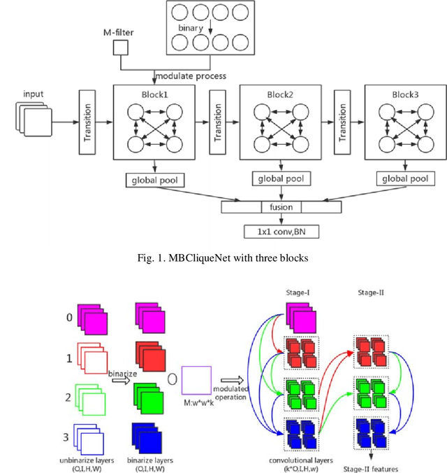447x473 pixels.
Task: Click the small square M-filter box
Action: pyautogui.click(x=121, y=48)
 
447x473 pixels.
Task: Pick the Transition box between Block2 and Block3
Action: pyautogui.click(x=342, y=123)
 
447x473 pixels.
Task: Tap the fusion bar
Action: pyautogui.click(x=281, y=207)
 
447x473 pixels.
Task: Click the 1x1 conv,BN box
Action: pyautogui.click(x=281, y=231)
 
